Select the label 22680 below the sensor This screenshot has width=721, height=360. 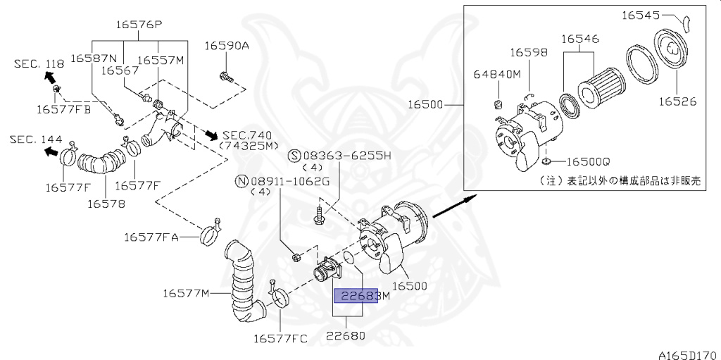(x=345, y=336)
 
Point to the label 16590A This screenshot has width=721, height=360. (x=227, y=46)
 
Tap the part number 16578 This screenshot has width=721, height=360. (x=106, y=204)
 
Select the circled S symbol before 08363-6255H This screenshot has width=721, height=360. (x=294, y=155)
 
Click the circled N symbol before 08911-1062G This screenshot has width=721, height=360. (x=242, y=180)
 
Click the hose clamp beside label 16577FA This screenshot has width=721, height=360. (x=208, y=234)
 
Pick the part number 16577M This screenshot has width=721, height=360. (x=187, y=292)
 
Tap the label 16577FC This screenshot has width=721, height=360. (x=280, y=339)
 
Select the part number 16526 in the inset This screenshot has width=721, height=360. (x=677, y=101)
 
